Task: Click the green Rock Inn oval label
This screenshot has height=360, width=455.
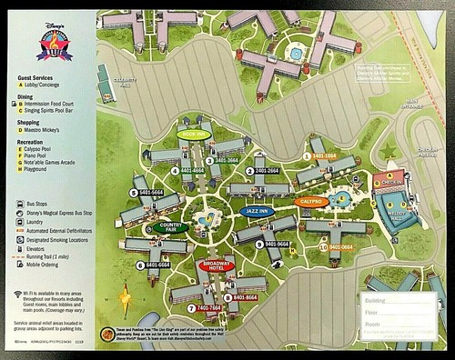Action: (194, 135)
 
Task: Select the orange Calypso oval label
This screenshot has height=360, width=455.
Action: (311, 201)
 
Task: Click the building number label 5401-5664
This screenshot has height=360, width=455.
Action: (149, 193)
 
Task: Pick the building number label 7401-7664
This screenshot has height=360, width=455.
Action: (208, 308)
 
